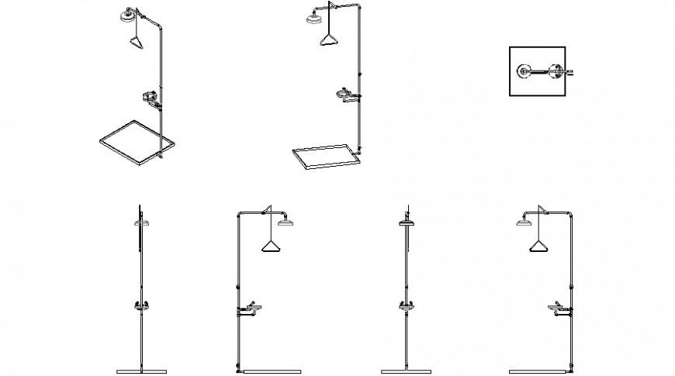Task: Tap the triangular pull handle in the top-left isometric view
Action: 137,40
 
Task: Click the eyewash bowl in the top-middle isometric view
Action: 343,95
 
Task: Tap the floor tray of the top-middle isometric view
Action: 324,156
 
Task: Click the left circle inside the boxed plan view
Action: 520,72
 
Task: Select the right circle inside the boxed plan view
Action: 556,72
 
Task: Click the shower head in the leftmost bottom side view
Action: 140,222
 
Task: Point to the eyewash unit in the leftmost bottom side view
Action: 140,305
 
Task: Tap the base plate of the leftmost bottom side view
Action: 140,367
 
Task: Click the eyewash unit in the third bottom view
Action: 405,305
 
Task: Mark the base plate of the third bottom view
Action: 405,367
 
